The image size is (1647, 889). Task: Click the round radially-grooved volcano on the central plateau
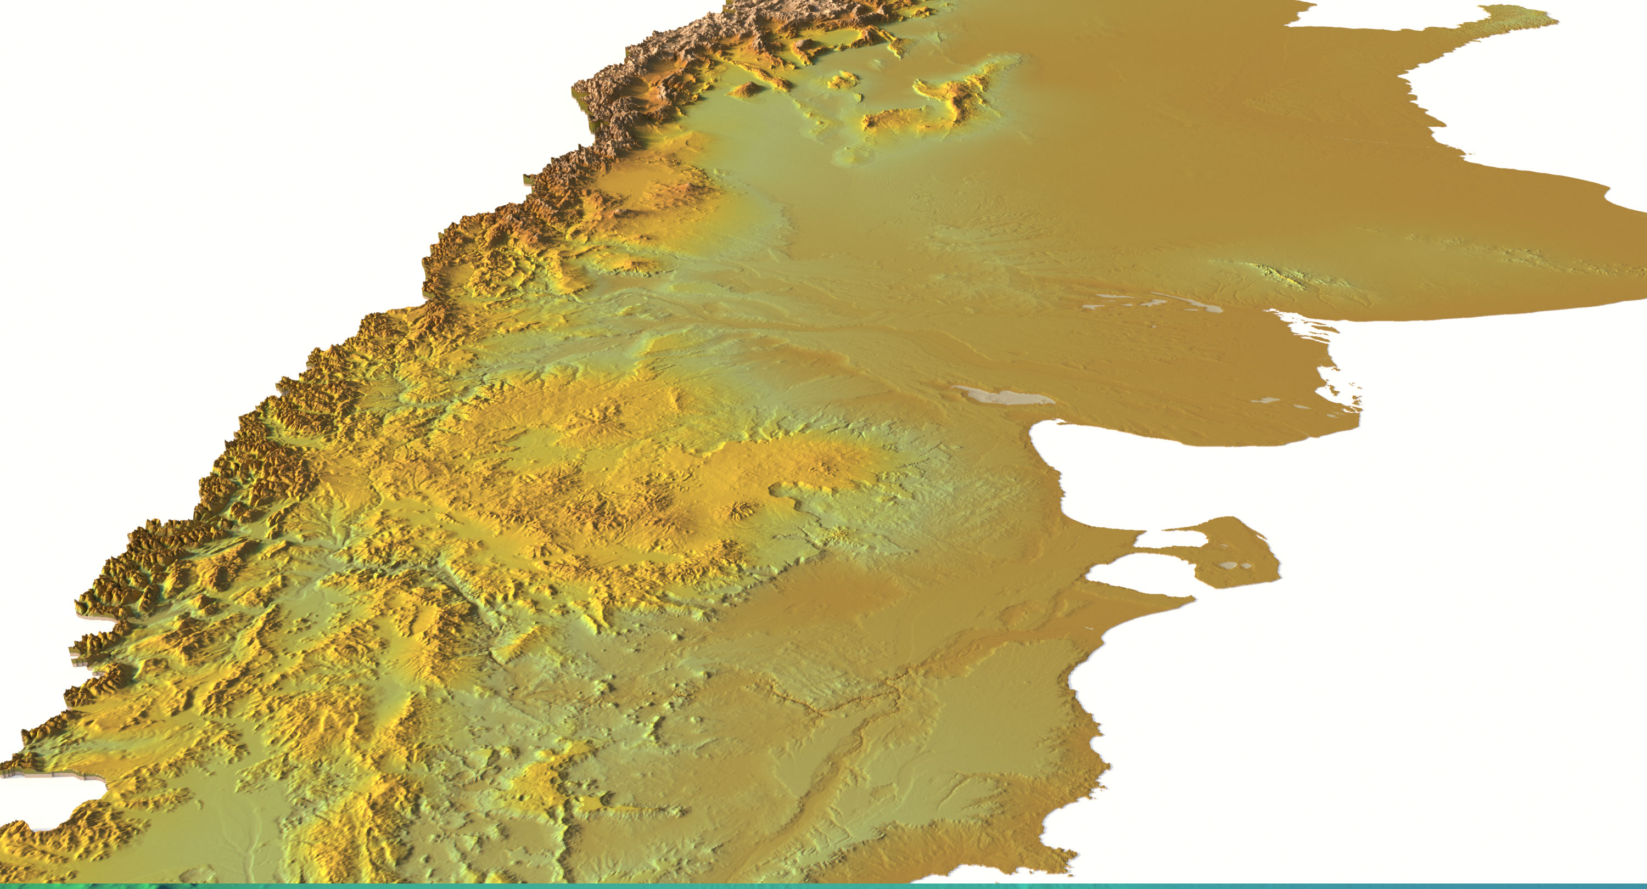point(742,510)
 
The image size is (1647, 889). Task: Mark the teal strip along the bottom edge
point(824,886)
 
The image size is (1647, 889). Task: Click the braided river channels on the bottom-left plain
point(243,831)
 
